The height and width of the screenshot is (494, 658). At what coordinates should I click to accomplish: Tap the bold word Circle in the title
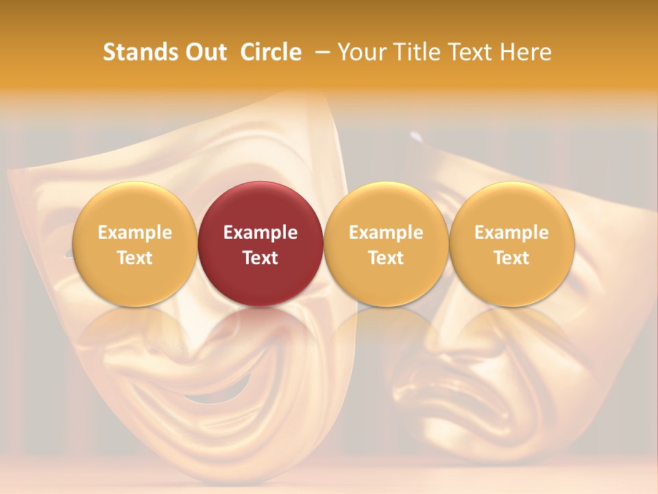(x=271, y=52)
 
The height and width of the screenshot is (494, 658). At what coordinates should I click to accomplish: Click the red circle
(x=260, y=244)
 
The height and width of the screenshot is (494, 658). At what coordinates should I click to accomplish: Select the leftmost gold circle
(x=134, y=244)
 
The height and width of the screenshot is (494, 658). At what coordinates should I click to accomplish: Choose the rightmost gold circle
(x=511, y=244)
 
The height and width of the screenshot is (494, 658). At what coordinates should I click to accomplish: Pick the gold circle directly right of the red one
(x=386, y=244)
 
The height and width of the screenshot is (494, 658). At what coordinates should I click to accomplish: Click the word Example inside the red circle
(x=260, y=233)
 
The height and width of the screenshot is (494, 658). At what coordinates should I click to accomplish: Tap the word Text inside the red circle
(x=260, y=258)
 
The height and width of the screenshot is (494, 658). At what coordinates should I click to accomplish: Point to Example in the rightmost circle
(x=511, y=233)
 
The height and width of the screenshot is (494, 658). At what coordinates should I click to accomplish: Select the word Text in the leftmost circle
(x=134, y=258)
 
